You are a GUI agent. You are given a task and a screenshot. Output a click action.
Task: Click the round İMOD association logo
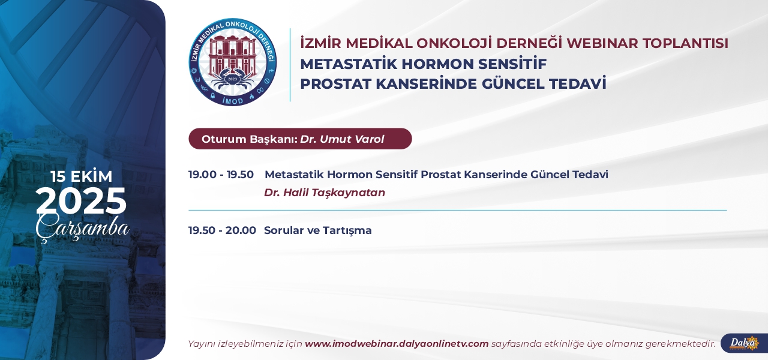pos(233,62)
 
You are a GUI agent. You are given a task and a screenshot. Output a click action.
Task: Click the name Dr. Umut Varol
pos(342,139)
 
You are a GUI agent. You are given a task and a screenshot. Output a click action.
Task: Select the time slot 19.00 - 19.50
pos(221,175)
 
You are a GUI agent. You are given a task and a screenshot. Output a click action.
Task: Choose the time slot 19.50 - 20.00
pos(222,230)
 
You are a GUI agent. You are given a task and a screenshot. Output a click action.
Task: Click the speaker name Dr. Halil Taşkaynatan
pos(325,193)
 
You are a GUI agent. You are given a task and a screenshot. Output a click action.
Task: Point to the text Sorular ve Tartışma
pos(318,230)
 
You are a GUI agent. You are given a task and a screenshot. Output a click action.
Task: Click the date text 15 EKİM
pos(82,176)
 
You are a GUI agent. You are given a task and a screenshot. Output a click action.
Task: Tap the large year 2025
pos(81,201)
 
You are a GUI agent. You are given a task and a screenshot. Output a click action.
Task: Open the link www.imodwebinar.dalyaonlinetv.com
pos(397,344)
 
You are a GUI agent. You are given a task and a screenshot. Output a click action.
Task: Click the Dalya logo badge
pos(744,343)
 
